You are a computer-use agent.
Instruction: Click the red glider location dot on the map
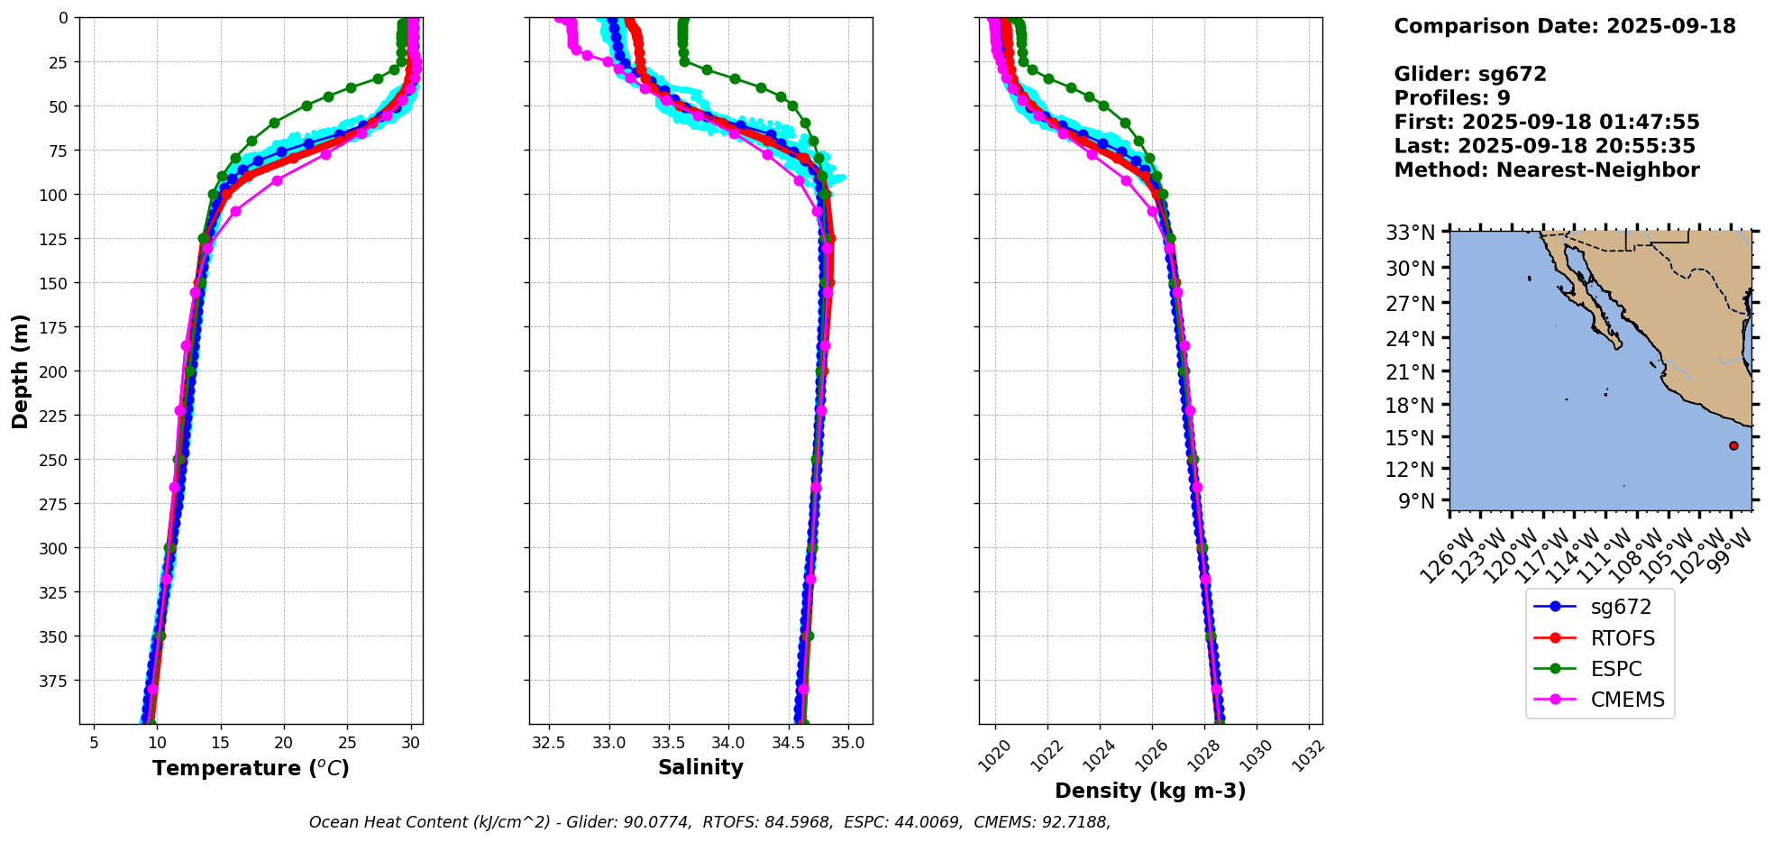[1733, 445]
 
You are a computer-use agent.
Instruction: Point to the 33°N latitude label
[1411, 233]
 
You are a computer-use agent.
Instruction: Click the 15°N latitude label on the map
[1411, 437]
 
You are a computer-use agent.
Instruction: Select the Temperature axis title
[251, 768]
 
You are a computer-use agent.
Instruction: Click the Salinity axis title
[700, 767]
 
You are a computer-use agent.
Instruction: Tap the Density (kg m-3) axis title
[1150, 791]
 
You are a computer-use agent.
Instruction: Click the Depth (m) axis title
[21, 371]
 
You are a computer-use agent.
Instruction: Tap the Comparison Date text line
[1564, 26]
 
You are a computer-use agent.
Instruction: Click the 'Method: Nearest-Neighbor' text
[1546, 170]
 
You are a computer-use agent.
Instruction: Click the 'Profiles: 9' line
[1451, 98]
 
